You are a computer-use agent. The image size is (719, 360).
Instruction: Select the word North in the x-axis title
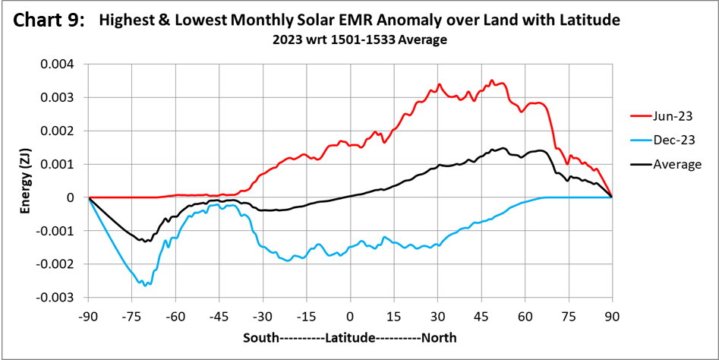(438, 336)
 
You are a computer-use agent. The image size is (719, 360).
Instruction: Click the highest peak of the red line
(491, 80)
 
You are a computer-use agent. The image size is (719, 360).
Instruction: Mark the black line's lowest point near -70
(144, 242)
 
